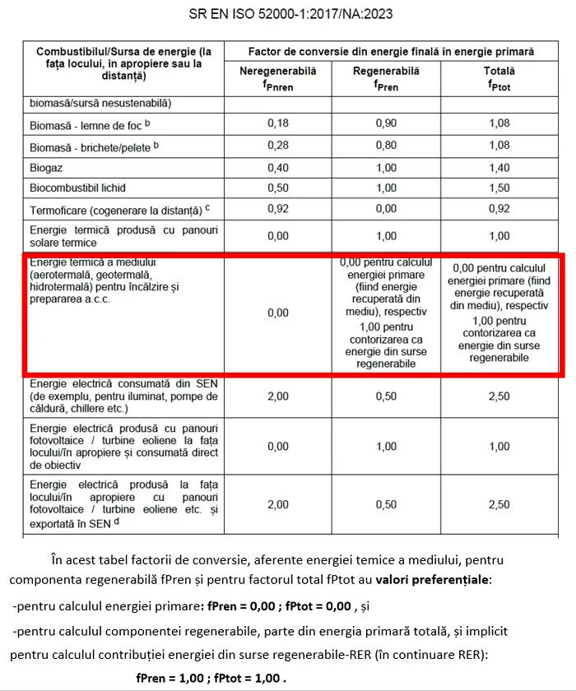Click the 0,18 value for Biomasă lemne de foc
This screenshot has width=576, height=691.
click(x=278, y=123)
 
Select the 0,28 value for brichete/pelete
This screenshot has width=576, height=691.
click(x=278, y=146)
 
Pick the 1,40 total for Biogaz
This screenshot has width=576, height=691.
click(x=499, y=167)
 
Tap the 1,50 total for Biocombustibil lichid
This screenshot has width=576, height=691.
click(x=499, y=188)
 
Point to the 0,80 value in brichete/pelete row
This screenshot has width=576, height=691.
click(x=386, y=146)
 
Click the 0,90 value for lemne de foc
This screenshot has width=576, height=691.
click(x=386, y=123)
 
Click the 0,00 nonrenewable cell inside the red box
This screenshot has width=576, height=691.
click(x=278, y=313)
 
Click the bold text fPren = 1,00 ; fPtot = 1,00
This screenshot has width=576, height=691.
click(x=211, y=679)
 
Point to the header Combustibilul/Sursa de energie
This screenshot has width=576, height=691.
click(x=123, y=51)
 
